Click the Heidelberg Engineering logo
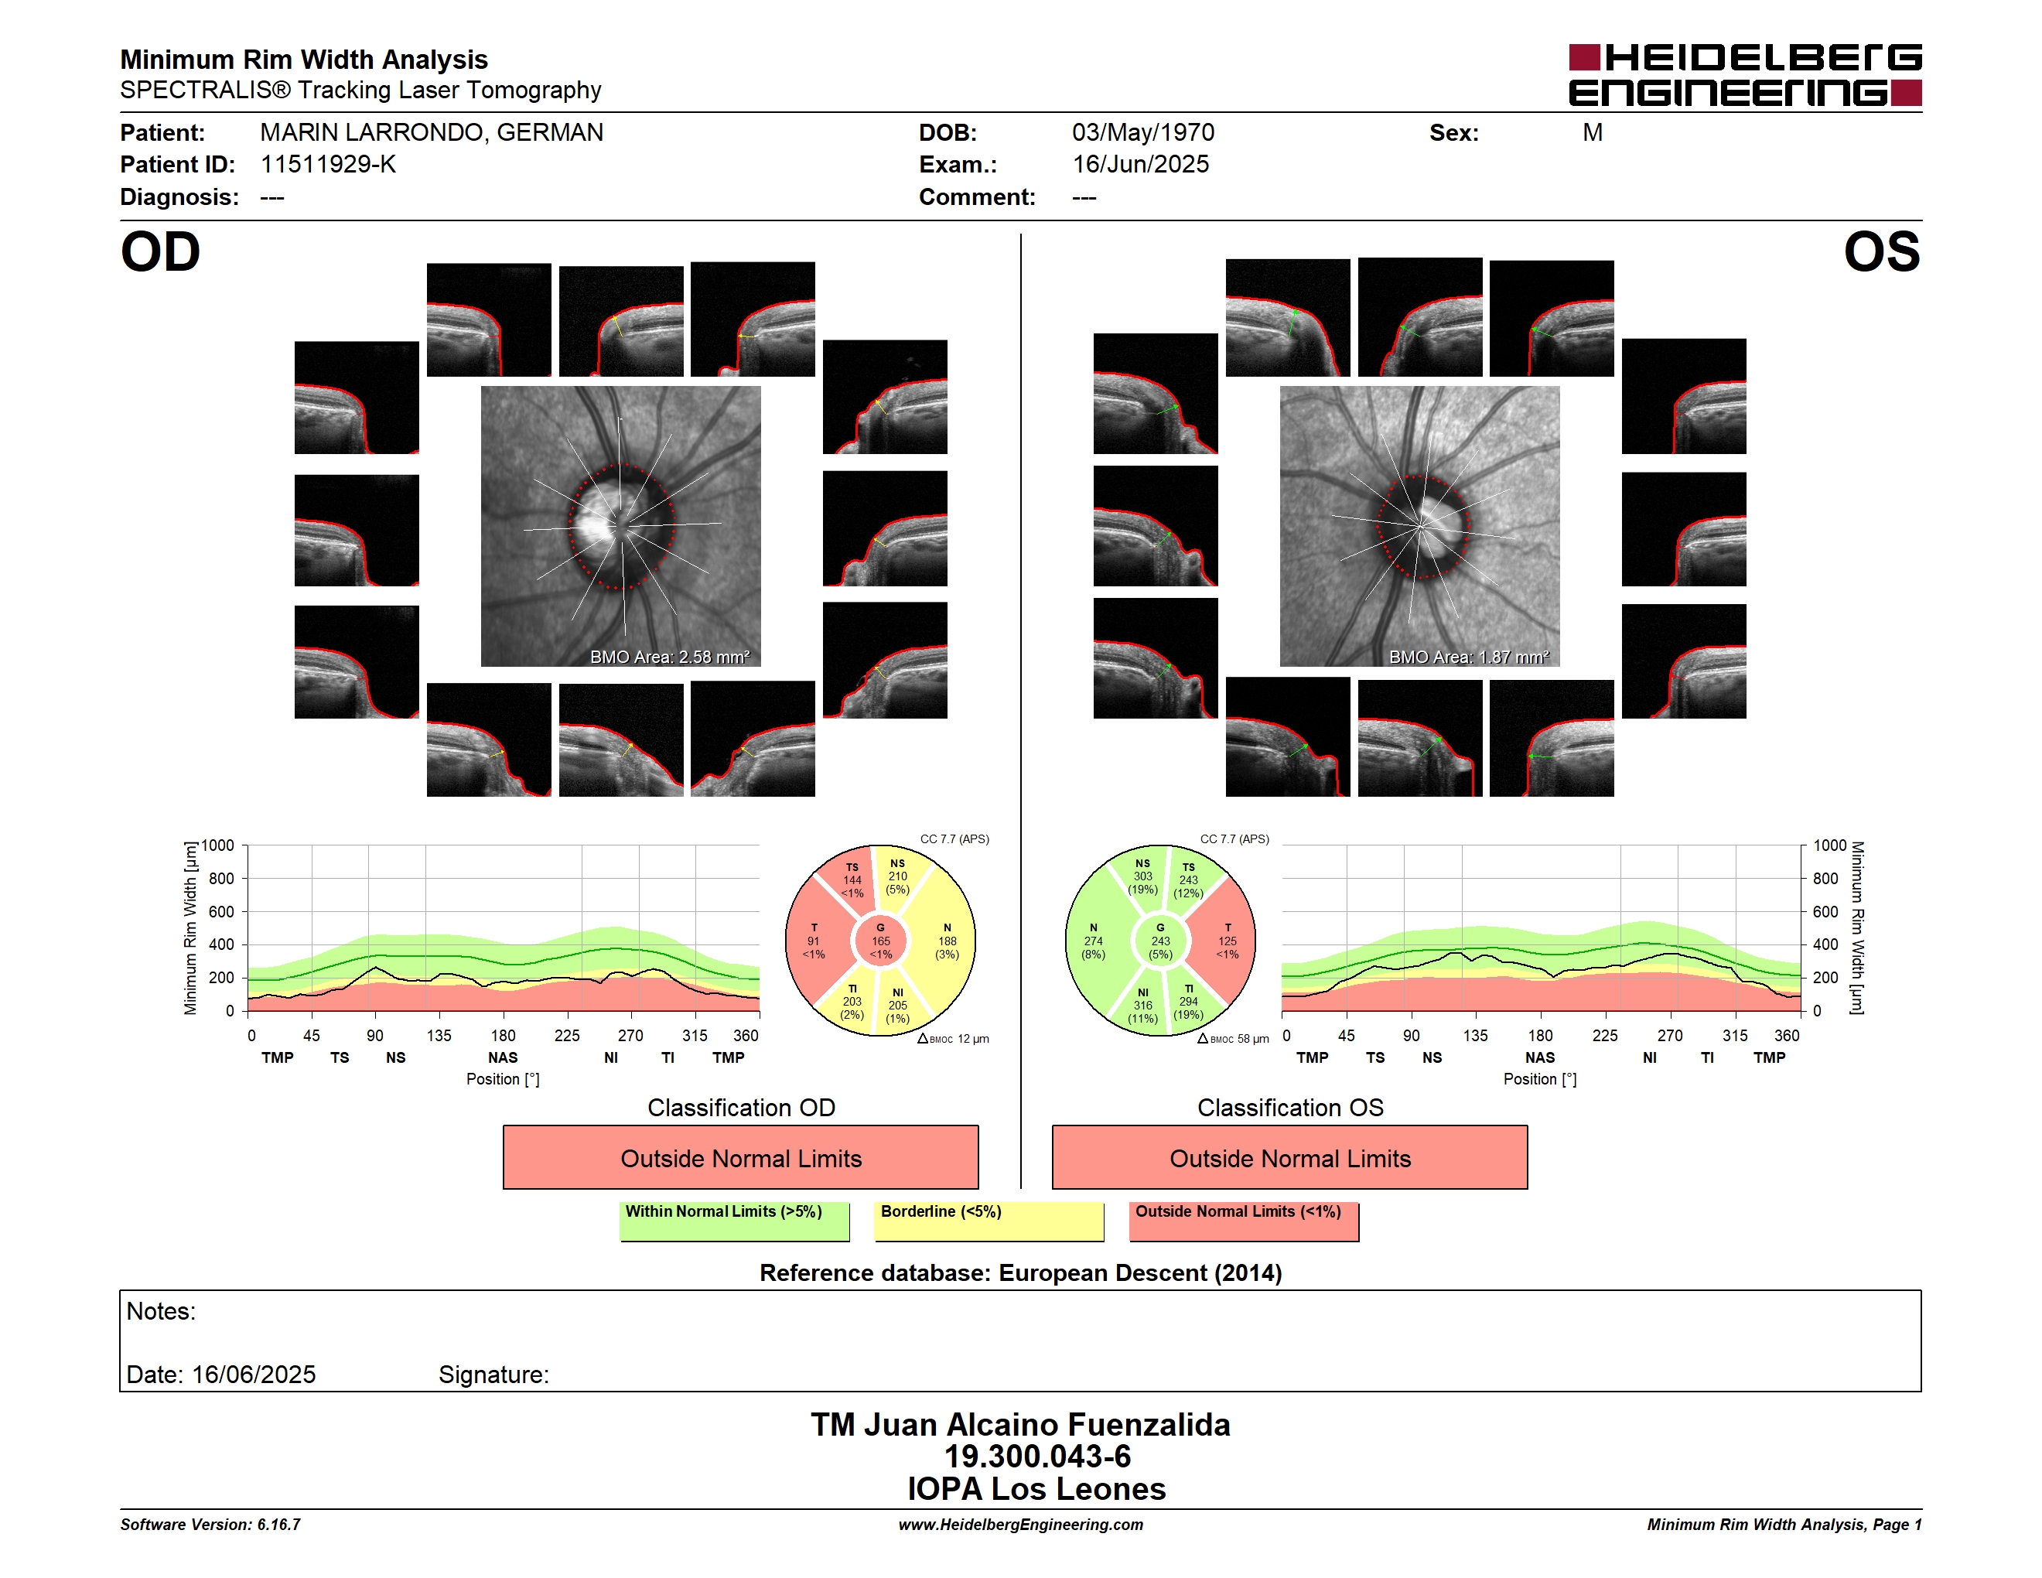pyautogui.click(x=1745, y=75)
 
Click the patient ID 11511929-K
pyautogui.click(x=328, y=165)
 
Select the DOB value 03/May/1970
pyautogui.click(x=1142, y=133)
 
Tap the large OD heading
pyautogui.click(x=161, y=252)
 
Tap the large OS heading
pyautogui.click(x=1881, y=252)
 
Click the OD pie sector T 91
pyautogui.click(x=814, y=941)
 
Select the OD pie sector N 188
pyautogui.click(x=946, y=941)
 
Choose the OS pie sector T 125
pyautogui.click(x=1227, y=941)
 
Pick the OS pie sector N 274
pyautogui.click(x=1094, y=941)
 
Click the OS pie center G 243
pyautogui.click(x=1160, y=941)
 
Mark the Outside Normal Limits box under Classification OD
pyautogui.click(x=740, y=1157)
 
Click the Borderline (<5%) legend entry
pyautogui.click(x=989, y=1221)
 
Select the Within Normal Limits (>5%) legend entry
pyautogui.click(x=734, y=1221)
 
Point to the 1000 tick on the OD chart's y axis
pyautogui.click(x=218, y=845)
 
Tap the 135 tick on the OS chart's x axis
pyautogui.click(x=1475, y=1035)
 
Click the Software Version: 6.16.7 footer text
pyautogui.click(x=210, y=1525)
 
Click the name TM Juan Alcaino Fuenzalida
pyautogui.click(x=1020, y=1425)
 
